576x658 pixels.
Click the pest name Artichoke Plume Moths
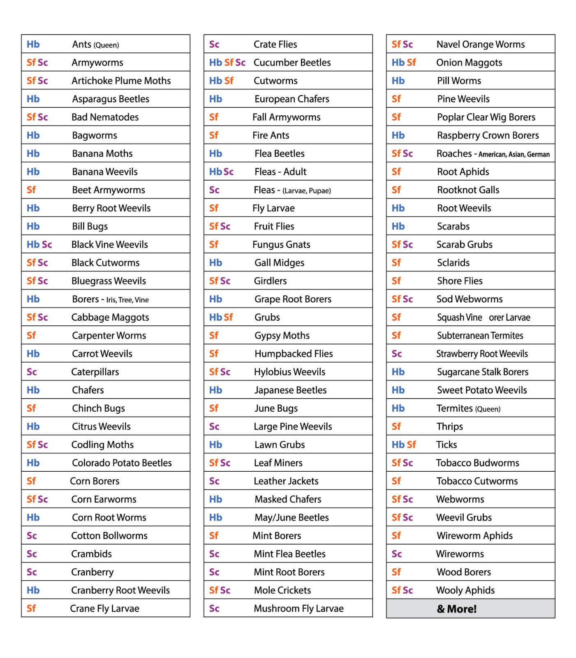121,81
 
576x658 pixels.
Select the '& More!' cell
456,609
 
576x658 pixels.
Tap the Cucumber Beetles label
292,63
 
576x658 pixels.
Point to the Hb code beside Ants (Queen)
33,44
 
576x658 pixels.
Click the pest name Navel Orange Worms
480,44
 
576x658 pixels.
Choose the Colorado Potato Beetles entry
122,463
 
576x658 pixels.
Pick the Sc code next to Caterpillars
32,372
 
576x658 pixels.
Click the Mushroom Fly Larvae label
298,608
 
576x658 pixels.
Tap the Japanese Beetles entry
290,390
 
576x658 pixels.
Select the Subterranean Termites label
480,336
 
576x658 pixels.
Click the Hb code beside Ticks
398,445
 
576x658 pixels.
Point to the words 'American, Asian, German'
514,154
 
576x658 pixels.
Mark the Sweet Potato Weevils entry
482,390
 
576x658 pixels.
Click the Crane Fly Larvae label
104,608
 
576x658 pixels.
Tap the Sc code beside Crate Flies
214,44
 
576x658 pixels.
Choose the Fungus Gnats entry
281,245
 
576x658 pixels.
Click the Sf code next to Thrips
396,426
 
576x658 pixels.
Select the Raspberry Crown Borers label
488,135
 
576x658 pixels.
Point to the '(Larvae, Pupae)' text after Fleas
306,190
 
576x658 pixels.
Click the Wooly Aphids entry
465,590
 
